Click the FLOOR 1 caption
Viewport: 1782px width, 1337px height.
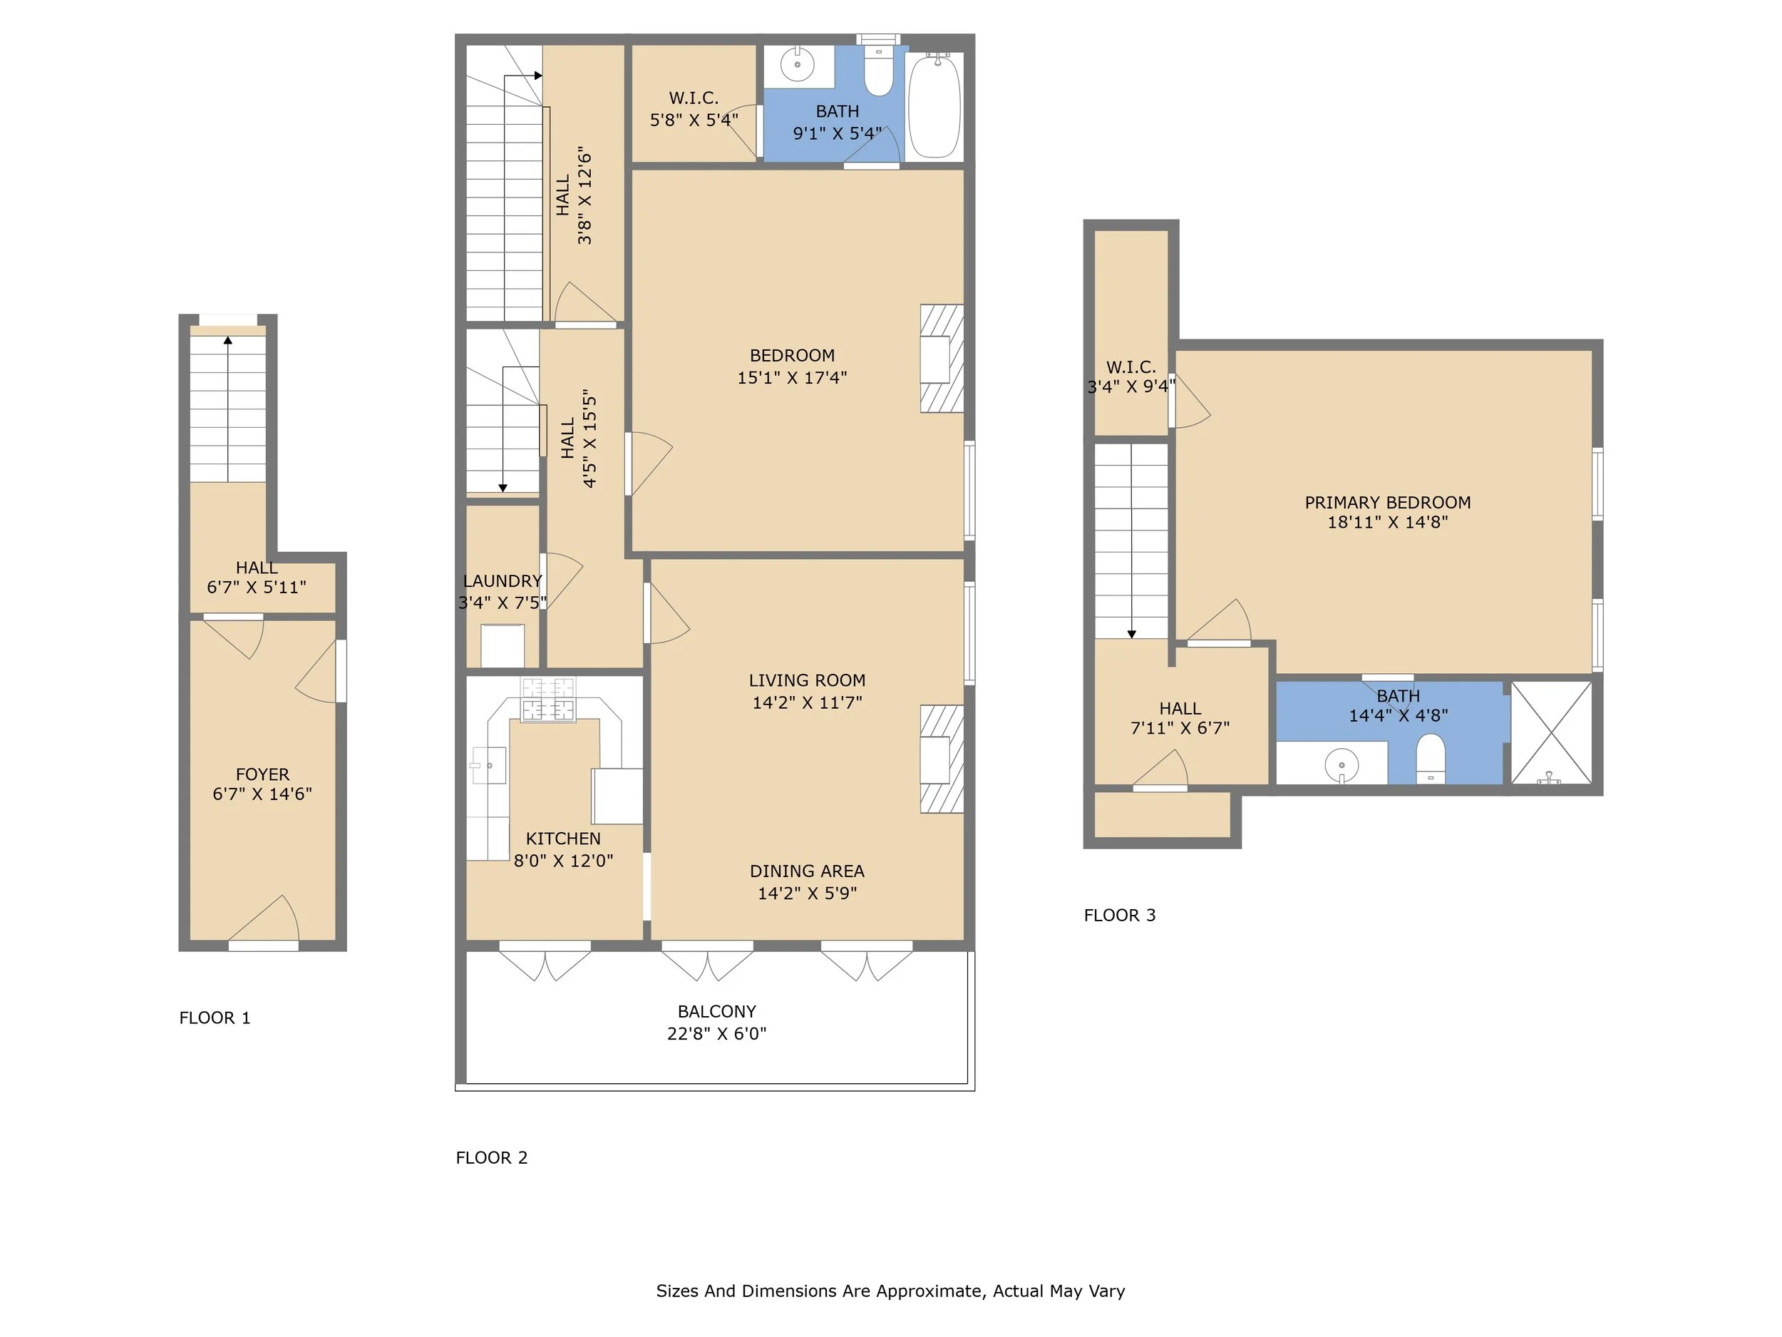point(215,1018)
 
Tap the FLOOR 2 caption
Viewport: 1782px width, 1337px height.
point(491,1158)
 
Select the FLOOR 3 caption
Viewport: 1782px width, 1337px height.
point(1120,916)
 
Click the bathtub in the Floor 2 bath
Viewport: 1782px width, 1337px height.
point(934,105)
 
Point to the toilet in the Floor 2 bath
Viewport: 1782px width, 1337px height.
point(879,70)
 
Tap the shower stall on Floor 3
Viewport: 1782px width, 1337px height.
point(1552,732)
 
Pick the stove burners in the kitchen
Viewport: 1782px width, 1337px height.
point(549,700)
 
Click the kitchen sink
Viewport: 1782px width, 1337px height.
point(488,766)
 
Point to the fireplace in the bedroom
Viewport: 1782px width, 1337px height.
point(942,359)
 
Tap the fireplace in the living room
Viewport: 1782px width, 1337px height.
point(942,759)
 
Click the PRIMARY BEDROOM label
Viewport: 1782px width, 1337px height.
point(1387,503)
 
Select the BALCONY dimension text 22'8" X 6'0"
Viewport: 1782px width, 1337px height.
point(716,1034)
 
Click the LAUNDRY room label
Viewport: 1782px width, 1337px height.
point(503,581)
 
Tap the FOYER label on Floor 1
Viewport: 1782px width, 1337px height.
point(262,774)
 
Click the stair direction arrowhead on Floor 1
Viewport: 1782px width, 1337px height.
point(228,340)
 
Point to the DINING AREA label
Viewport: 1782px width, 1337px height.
point(807,871)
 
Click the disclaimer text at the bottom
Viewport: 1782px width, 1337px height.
point(890,1291)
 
